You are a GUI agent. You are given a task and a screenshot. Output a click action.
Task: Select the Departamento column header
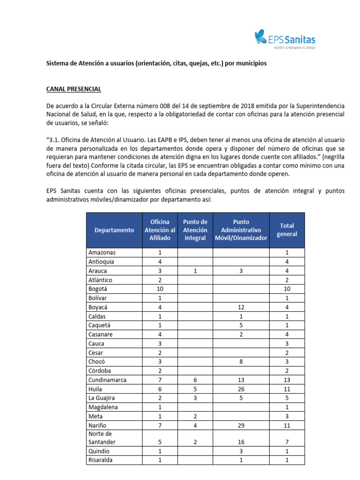coord(114,230)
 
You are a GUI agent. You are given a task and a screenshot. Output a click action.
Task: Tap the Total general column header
coord(287,230)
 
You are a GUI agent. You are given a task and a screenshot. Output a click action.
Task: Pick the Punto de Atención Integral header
coord(195,230)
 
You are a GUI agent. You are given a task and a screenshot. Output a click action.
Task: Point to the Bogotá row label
coord(97,289)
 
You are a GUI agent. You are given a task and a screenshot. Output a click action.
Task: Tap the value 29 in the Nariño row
coord(240,425)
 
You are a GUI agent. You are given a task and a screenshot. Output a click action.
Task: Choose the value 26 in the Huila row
coord(240,389)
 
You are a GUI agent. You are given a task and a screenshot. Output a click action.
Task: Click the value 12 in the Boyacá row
coord(240,307)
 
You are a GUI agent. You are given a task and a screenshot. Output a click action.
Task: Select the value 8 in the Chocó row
coord(240,361)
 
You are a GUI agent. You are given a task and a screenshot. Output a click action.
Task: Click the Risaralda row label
coord(101,460)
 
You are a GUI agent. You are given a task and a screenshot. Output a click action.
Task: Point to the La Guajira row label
coord(103,398)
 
